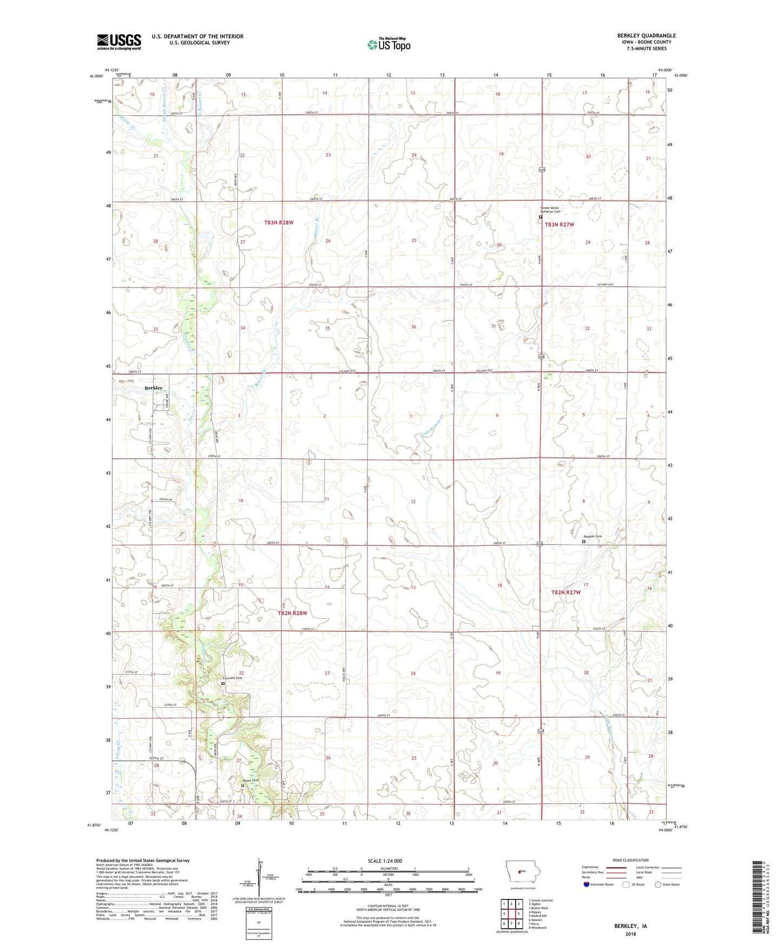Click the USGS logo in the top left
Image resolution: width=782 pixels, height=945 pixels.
119,42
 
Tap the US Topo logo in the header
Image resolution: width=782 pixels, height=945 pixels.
389,44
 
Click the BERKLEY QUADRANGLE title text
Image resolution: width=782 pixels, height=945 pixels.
646,36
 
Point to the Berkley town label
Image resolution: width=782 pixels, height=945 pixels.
153,388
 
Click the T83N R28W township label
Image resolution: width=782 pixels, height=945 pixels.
279,222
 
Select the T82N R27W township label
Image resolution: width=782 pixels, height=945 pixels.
566,592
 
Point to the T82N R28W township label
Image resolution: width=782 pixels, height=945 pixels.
292,613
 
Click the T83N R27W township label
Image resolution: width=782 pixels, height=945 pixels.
559,224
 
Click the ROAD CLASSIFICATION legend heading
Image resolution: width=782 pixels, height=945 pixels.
630,860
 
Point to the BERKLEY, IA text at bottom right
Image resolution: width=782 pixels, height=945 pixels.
630,926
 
